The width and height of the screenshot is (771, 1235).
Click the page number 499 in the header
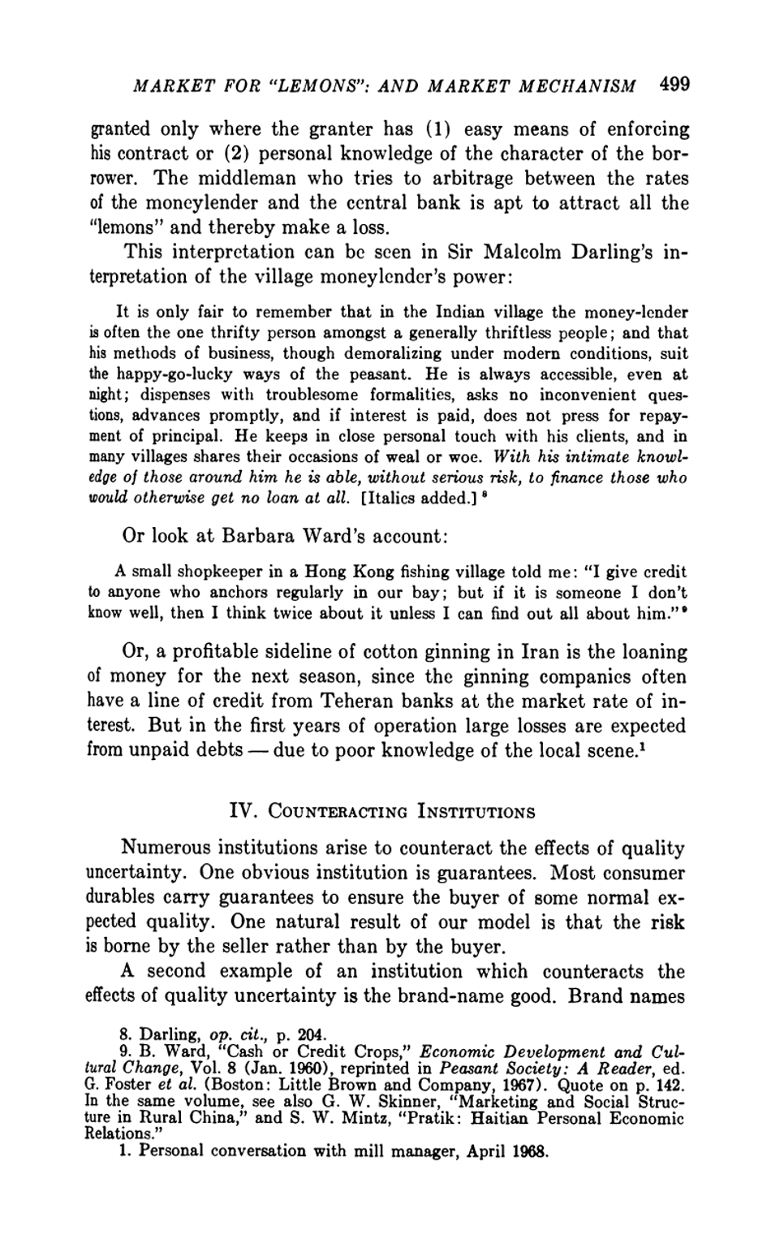[x=674, y=84]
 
